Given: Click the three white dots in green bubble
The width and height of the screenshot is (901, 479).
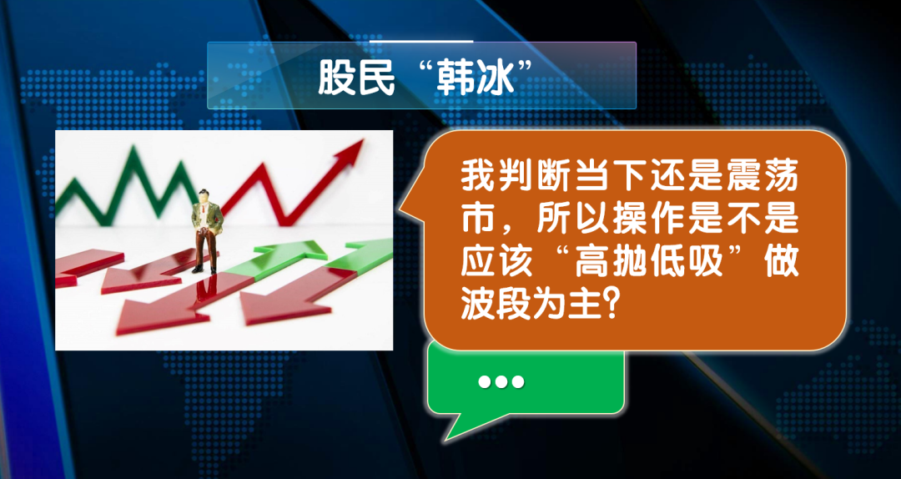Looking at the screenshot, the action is (501, 381).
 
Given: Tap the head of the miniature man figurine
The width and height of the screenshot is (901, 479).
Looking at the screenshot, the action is (204, 196).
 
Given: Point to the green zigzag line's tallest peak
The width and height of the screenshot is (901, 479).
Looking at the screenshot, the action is (134, 149).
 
